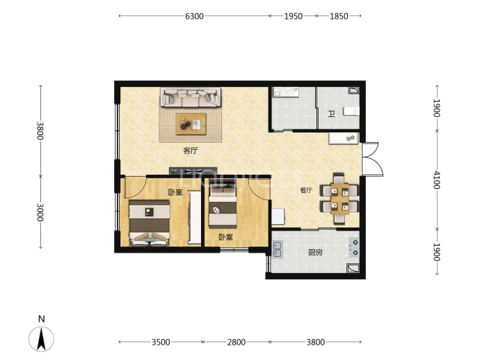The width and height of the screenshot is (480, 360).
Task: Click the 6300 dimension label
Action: pyautogui.click(x=194, y=16)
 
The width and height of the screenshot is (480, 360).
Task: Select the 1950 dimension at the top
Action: pyautogui.click(x=294, y=16)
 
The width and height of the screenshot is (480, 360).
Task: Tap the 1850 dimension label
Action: pyautogui.click(x=339, y=16)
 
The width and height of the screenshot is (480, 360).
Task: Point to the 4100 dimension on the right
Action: pyautogui.click(x=437, y=180)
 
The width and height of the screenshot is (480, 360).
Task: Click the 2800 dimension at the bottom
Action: pyautogui.click(x=237, y=342)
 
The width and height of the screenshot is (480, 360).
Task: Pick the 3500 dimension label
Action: pyautogui.click(x=161, y=342)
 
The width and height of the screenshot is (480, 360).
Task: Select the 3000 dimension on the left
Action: pyautogui.click(x=40, y=212)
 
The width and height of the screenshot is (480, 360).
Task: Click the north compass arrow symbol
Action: pyautogui.click(x=41, y=339)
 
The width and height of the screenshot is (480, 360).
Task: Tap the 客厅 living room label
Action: pyautogui.click(x=191, y=150)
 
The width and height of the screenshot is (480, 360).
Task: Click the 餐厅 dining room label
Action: pyautogui.click(x=306, y=190)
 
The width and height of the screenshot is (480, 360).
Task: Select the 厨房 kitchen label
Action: pyautogui.click(x=315, y=253)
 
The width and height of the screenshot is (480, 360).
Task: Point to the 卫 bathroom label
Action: pyautogui.click(x=331, y=114)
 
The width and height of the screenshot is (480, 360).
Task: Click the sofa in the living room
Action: pyautogui.click(x=191, y=97)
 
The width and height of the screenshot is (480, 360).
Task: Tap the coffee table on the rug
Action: pyautogui.click(x=191, y=124)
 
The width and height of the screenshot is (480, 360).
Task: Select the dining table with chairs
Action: pyautogui.click(x=339, y=198)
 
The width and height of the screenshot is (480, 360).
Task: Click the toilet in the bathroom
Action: pyautogui.click(x=351, y=111)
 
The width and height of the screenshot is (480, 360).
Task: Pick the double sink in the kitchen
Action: pyautogui.click(x=278, y=249)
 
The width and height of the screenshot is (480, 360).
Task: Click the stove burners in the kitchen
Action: pyautogui.click(x=354, y=248)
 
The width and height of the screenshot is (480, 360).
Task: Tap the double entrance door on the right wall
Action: pyautogui.click(x=372, y=159)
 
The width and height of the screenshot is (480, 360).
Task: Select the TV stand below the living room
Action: pyautogui.click(x=193, y=171)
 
